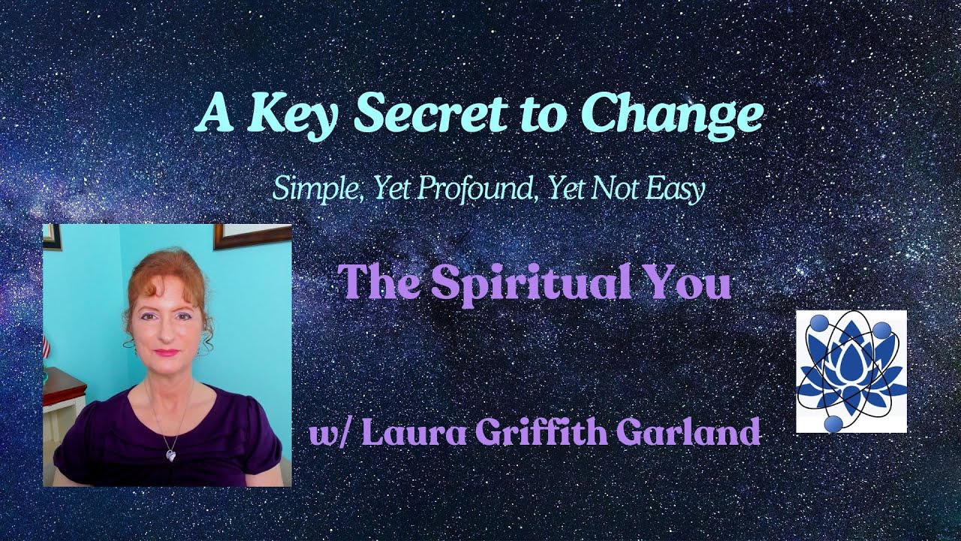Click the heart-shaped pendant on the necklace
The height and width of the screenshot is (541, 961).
click(x=171, y=455)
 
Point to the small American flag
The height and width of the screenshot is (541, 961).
click(x=46, y=346)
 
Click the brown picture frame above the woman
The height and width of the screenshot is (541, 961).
click(x=252, y=234)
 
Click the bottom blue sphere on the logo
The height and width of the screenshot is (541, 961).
click(x=833, y=425)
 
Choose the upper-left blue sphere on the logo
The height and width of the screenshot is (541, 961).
click(x=819, y=322)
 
